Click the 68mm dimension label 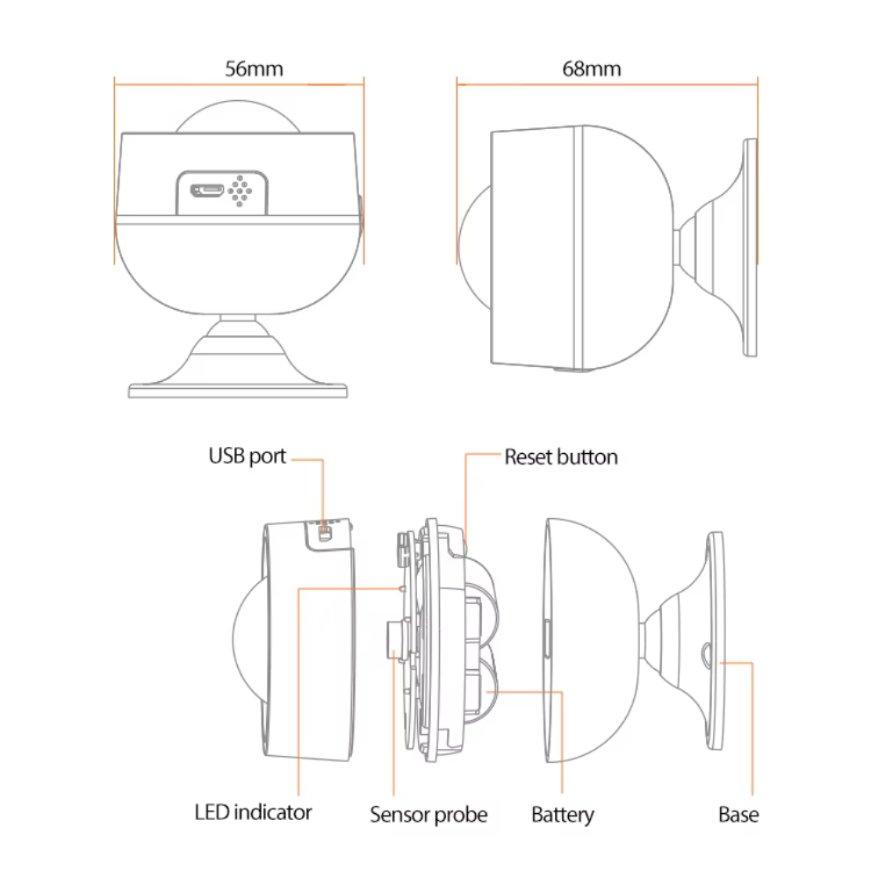tap(591, 69)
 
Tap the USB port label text tap(247, 457)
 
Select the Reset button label tap(560, 457)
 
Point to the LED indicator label tap(253, 812)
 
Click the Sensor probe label tap(428, 815)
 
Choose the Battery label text tap(563, 815)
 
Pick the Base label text tap(738, 815)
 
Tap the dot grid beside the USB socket tap(240, 189)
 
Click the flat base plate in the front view tap(239, 389)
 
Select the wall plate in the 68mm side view tap(751, 246)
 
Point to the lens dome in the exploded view tap(248, 637)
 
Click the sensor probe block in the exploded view tap(395, 639)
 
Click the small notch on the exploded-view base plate tap(707, 653)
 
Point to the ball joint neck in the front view tap(239, 323)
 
